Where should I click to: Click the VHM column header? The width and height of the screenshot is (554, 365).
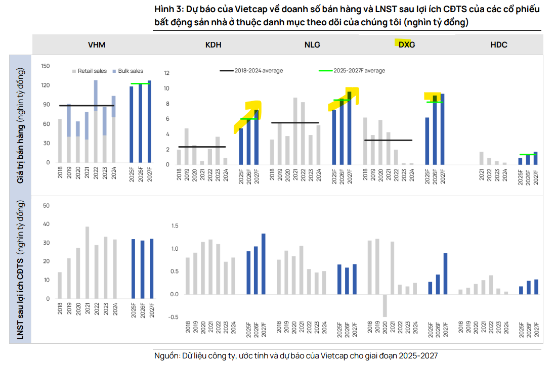96,44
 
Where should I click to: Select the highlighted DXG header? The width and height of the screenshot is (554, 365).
406,44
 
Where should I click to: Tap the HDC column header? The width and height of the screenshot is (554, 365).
498,44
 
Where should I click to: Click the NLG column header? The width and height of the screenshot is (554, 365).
312,44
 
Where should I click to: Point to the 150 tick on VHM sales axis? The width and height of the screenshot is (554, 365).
45,66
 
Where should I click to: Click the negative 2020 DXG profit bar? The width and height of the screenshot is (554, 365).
385,305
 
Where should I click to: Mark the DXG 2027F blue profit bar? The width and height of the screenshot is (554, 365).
445,273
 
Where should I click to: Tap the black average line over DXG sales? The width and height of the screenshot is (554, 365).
388,140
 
